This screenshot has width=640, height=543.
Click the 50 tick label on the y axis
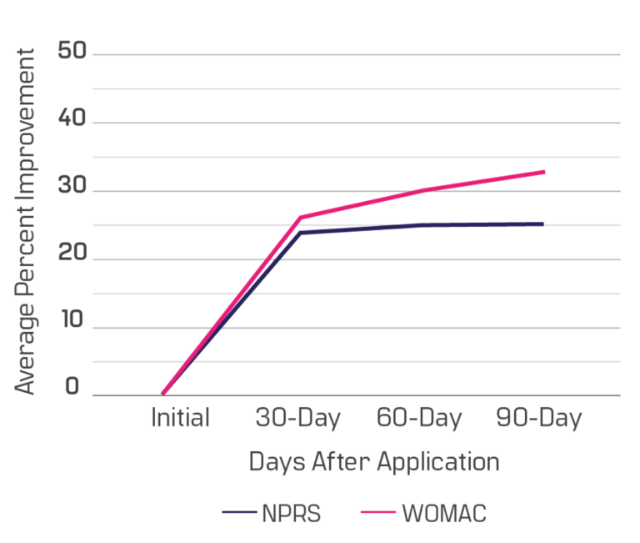coord(72,51)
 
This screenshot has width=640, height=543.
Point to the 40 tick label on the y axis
coord(72,118)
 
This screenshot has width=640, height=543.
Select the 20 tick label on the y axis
coord(72,252)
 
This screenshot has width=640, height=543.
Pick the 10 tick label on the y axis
coord(72,319)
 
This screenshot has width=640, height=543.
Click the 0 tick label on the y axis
coord(72,386)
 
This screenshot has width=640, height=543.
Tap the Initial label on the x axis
coord(180,418)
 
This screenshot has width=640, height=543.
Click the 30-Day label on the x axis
coord(298,419)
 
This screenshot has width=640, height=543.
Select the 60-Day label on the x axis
coord(419,419)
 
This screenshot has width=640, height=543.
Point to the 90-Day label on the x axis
coord(539,419)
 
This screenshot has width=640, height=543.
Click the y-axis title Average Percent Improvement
coord(25,221)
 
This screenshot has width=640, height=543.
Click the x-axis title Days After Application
coord(374,463)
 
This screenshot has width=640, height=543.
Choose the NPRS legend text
coord(292,514)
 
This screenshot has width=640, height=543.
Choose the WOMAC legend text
coord(444,514)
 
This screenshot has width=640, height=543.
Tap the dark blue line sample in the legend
coord(240,512)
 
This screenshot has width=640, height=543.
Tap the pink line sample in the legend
coord(378,512)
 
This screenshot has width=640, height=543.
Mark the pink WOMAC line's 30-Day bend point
coord(301,218)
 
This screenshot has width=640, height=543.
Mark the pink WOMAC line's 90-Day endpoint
coord(544,172)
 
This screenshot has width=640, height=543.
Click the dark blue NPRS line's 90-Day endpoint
coord(543,224)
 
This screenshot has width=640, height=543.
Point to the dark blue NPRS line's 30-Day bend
coord(301,233)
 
